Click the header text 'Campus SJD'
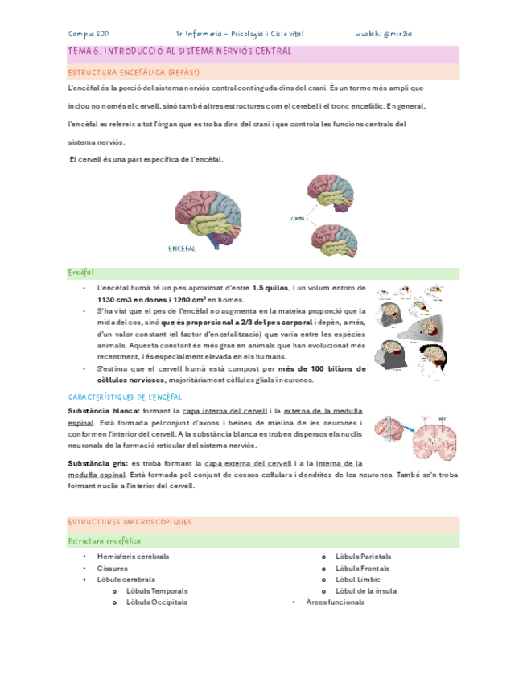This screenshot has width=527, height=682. pyautogui.click(x=89, y=34)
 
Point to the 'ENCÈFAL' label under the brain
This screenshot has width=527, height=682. pyautogui.click(x=182, y=249)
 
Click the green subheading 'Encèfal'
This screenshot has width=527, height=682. pyautogui.click(x=81, y=273)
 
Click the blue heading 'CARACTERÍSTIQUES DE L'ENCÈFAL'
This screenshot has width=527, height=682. pyautogui.click(x=126, y=397)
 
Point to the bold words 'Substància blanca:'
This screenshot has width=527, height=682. pyautogui.click(x=104, y=411)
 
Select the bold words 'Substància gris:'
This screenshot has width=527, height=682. pyautogui.click(x=99, y=464)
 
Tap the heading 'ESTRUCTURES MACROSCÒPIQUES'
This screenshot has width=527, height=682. pyautogui.click(x=130, y=522)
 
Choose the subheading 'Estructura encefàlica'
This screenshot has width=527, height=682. pyautogui.click(x=105, y=541)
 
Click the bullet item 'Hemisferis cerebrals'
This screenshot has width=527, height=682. pyautogui.click(x=133, y=557)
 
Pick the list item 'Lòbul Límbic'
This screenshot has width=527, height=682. pyautogui.click(x=358, y=579)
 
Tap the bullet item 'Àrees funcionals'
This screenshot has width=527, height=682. pyautogui.click(x=335, y=602)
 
